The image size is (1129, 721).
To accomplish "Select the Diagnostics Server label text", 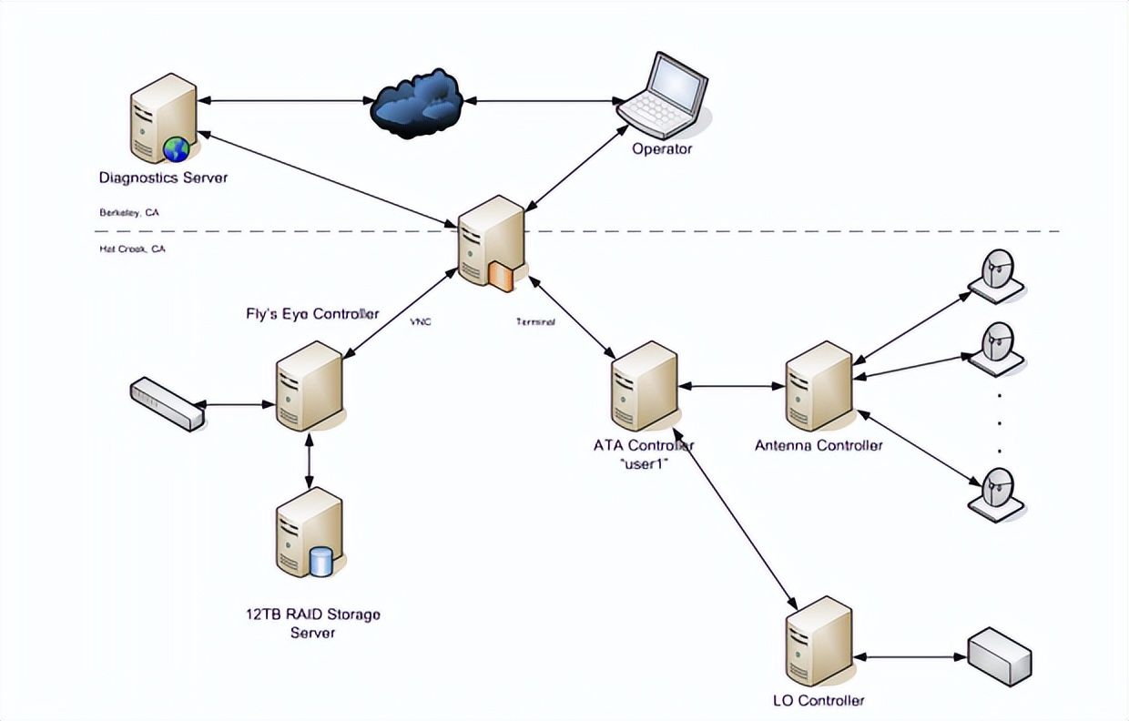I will [x=164, y=178].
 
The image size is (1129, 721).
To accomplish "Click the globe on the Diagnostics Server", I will [x=176, y=149].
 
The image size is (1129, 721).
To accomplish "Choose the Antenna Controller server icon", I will [x=819, y=387].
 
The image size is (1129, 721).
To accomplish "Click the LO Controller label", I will [x=817, y=700].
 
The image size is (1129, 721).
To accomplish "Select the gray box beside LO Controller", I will [x=999, y=655].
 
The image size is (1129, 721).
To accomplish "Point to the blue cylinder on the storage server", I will [x=321, y=561].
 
